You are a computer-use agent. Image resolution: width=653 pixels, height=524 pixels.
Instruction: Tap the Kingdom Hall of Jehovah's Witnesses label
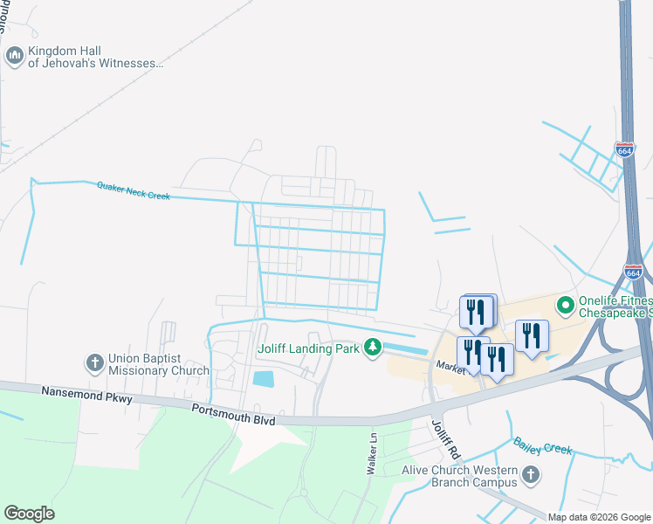coord(95,58)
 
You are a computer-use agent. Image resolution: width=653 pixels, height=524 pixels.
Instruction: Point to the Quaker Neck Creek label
coord(134,190)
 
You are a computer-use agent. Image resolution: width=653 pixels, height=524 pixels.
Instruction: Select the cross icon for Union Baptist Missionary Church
coord(95,362)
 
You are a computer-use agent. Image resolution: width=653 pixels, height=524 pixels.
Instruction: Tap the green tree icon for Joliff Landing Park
coord(373,348)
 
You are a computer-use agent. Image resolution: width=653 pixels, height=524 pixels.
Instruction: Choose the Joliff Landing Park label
coord(309,348)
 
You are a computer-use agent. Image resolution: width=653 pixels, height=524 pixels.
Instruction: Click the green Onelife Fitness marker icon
coord(565,306)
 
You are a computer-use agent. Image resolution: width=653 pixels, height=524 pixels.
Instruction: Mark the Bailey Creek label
coord(543,446)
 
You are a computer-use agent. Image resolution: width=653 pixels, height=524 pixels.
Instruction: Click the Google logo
coord(29,514)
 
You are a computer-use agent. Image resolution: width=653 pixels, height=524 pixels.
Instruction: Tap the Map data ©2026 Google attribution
coord(598,517)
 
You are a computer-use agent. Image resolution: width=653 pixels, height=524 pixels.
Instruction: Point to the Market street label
coord(452,368)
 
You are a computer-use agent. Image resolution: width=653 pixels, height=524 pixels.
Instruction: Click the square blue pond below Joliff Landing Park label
coord(263,379)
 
